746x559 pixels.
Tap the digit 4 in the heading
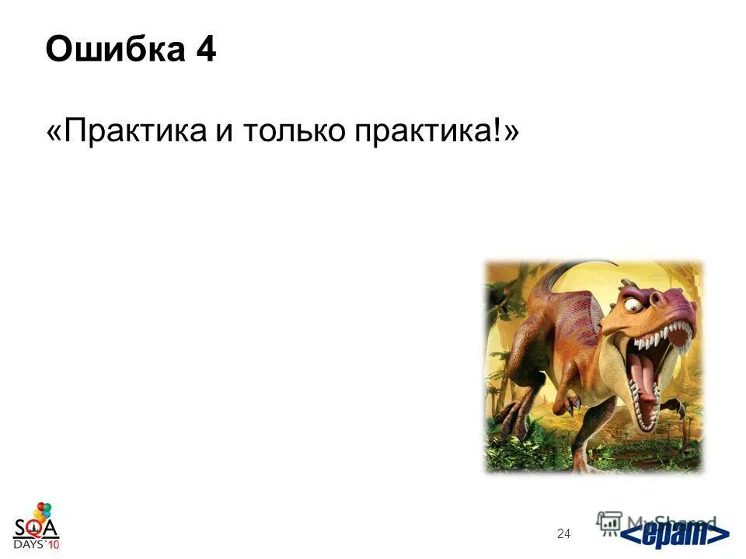pyautogui.click(x=206, y=50)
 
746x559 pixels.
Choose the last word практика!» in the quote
pyautogui.click(x=436, y=131)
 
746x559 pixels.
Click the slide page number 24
pyautogui.click(x=564, y=533)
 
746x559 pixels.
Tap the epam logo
pyautogui.click(x=676, y=535)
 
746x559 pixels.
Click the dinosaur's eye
pyautogui.click(x=633, y=305)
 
